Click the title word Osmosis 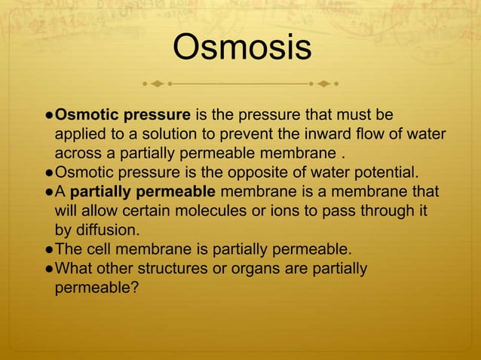point(241,47)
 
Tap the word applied point(79,135)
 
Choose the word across point(78,154)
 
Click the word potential point(382,173)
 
